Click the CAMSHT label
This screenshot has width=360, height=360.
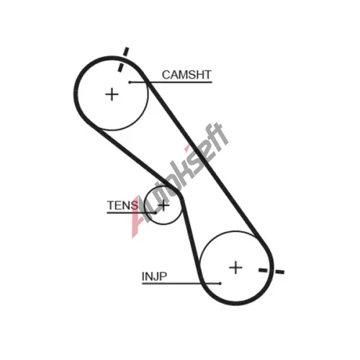click(x=186, y=75)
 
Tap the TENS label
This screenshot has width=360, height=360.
click(x=122, y=205)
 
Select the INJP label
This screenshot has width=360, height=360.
click(x=154, y=276)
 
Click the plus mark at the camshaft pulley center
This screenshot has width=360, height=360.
click(x=112, y=94)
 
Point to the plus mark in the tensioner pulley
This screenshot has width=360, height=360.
click(x=163, y=205)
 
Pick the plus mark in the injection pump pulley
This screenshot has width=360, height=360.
click(x=235, y=268)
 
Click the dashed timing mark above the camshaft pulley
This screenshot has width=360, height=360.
click(x=123, y=59)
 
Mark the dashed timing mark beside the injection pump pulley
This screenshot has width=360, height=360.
click(x=271, y=271)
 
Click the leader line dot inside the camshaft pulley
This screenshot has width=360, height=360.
click(x=130, y=82)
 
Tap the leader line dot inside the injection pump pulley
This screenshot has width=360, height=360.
click(x=220, y=284)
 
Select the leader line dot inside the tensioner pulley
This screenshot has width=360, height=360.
click(x=156, y=212)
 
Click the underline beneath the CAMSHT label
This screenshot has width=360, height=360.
click(x=171, y=82)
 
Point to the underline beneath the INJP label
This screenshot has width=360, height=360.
click(x=181, y=284)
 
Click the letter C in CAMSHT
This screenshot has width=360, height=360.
click(x=166, y=75)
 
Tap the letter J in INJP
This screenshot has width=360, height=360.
click(x=156, y=276)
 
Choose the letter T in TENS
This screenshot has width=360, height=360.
click(x=111, y=205)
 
